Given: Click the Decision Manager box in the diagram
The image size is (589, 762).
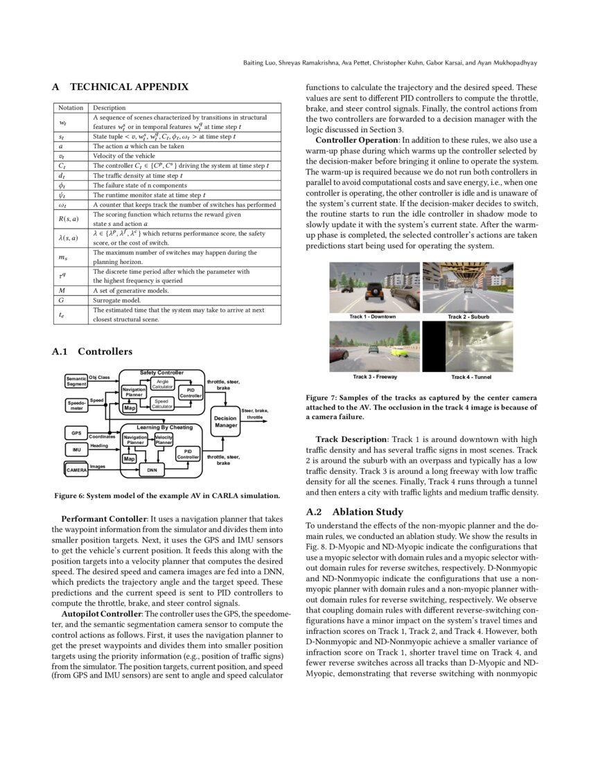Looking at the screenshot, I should (x=225, y=422).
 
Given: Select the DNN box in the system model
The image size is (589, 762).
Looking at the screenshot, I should (x=150, y=470).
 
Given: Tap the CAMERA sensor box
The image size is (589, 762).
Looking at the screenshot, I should (x=76, y=470).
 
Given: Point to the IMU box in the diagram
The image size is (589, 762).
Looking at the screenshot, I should (x=76, y=450).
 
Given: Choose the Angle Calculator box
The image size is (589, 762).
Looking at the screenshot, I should (x=162, y=383).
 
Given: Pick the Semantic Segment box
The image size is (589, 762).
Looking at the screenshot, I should (x=76, y=380).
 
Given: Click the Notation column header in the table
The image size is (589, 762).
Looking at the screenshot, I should (x=71, y=108).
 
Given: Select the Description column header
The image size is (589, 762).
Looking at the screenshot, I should (x=109, y=108).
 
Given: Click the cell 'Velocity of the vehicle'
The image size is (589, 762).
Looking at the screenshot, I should (x=124, y=157).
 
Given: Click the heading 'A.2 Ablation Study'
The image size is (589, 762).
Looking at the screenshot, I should (x=354, y=512).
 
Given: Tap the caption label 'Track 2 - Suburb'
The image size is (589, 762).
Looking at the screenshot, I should (x=468, y=317).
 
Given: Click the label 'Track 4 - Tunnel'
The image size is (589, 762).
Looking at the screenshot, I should (x=468, y=377).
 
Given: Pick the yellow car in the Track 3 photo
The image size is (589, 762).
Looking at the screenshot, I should (x=399, y=352).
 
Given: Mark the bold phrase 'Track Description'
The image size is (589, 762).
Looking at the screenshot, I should (x=351, y=439).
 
